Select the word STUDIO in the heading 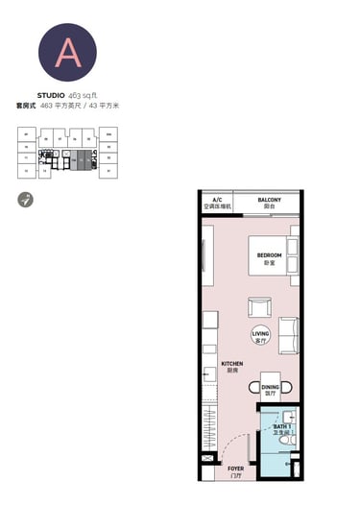(51, 95)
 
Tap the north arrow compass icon (24, 200)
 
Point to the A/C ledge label (217, 202)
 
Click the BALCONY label (269, 202)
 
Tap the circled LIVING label (260, 335)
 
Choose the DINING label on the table (271, 388)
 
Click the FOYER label (235, 470)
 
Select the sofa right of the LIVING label (288, 335)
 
